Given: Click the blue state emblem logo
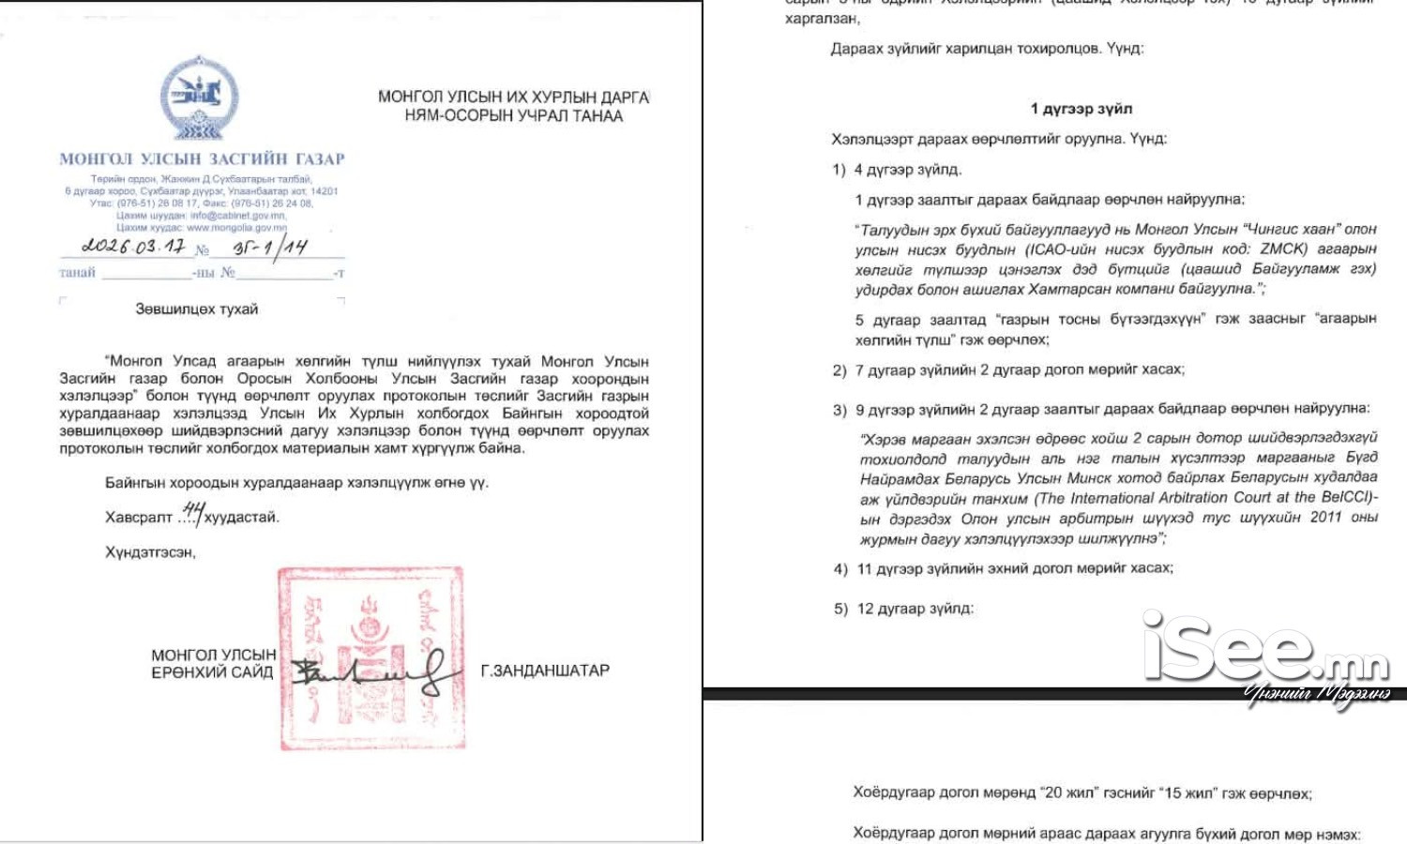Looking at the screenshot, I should [200, 98].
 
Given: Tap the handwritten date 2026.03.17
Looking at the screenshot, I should [133, 247].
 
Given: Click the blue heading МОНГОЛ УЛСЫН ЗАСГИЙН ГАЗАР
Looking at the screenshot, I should [202, 159].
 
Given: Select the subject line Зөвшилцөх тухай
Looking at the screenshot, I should [196, 309].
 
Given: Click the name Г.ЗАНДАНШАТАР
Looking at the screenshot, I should [545, 671].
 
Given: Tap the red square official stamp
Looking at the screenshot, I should [371, 657].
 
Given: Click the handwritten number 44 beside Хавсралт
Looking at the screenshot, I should [193, 511].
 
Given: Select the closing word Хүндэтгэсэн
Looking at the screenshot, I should [150, 552].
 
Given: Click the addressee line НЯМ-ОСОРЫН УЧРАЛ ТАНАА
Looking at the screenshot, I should [513, 116].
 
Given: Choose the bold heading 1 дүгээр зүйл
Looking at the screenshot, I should [1081, 109].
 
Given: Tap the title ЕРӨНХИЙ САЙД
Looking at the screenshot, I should [212, 671].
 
